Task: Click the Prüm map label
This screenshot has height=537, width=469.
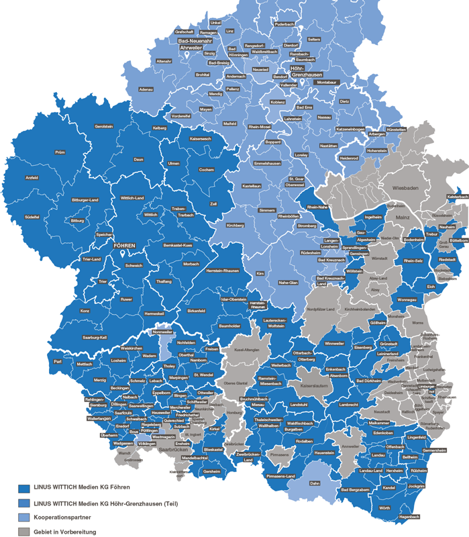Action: point(60,152)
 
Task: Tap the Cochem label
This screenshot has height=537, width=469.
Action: point(207,170)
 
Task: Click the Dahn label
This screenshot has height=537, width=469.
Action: point(315,483)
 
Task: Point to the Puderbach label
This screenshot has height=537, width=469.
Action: point(285,23)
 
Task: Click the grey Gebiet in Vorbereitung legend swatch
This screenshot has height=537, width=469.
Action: point(24,532)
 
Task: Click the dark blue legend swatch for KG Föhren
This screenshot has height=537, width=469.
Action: point(24,487)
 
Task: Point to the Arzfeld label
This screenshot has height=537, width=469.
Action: point(32,177)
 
